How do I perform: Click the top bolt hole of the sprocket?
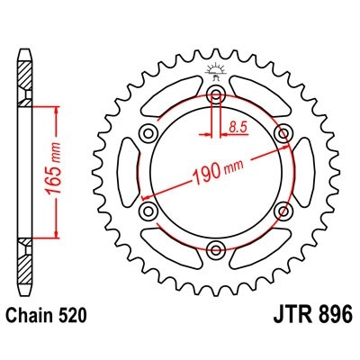coord(216,96)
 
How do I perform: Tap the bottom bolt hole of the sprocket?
coord(216,249)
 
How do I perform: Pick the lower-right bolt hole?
coord(285,211)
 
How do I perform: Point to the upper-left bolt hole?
coord(147,134)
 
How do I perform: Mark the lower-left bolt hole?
coord(147,211)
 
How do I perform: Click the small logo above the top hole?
coord(216,71)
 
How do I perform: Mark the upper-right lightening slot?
coord(259,97)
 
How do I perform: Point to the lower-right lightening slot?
coord(259,249)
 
